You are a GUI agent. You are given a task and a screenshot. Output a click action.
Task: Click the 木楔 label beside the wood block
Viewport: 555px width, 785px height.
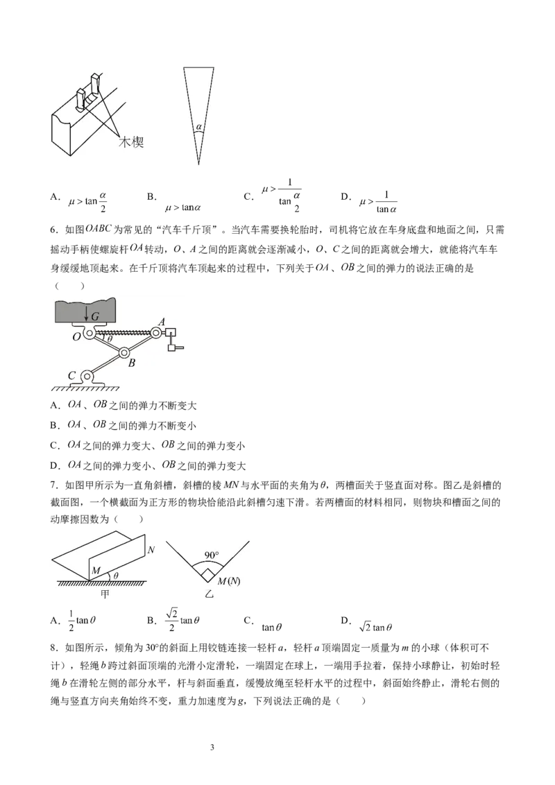(130, 142)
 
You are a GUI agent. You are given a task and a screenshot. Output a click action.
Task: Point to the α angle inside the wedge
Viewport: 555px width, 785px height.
(199, 127)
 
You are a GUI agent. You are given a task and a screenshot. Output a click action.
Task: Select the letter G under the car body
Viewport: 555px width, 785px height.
(95, 316)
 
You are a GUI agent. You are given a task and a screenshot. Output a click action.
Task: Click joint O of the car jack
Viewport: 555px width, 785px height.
(90, 332)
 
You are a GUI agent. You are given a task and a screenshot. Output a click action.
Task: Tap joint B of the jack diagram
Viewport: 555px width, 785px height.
(123, 353)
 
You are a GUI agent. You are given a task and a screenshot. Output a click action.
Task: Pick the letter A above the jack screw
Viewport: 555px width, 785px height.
(161, 322)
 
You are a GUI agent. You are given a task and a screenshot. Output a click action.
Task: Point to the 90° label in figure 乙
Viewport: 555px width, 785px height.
(212, 555)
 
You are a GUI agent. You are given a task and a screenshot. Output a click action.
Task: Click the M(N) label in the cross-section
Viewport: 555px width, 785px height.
(229, 581)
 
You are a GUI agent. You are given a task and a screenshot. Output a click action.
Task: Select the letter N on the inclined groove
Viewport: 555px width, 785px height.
(151, 550)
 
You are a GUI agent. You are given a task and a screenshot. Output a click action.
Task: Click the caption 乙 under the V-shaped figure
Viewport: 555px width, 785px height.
(209, 594)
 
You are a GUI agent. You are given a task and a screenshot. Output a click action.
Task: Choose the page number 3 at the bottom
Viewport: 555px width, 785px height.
(212, 748)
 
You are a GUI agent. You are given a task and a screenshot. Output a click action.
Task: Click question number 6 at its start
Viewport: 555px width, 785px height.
(55, 230)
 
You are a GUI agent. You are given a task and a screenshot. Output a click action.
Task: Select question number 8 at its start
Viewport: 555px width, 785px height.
(55, 648)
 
